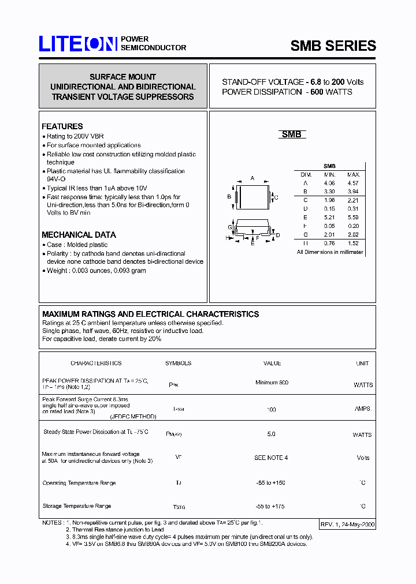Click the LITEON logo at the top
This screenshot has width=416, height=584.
(78, 44)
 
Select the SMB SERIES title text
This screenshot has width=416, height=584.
(333, 46)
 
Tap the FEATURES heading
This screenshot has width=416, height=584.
(62, 126)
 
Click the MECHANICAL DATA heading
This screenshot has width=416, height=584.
(79, 235)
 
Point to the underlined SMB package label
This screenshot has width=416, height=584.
(291, 134)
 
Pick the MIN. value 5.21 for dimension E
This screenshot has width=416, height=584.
(329, 217)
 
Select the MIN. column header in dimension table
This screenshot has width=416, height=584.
(329, 174)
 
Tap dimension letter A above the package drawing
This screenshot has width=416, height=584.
(252, 178)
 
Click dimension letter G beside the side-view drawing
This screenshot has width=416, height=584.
(229, 227)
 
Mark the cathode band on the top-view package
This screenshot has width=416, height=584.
(237, 197)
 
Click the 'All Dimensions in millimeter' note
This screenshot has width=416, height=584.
(330, 252)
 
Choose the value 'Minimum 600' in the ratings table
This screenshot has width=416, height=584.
(272, 383)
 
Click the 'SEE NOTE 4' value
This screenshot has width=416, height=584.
(271, 458)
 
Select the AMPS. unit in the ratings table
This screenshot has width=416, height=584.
(363, 409)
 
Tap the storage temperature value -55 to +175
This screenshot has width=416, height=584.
(270, 506)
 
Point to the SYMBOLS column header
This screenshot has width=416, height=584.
(178, 363)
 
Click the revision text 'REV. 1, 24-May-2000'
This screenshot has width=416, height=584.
(347, 525)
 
